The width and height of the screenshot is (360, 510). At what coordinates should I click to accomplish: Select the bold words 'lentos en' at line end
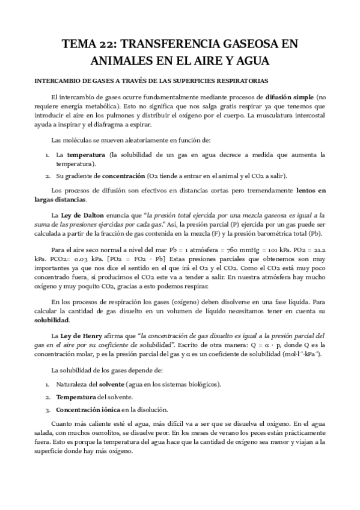click(311, 190)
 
